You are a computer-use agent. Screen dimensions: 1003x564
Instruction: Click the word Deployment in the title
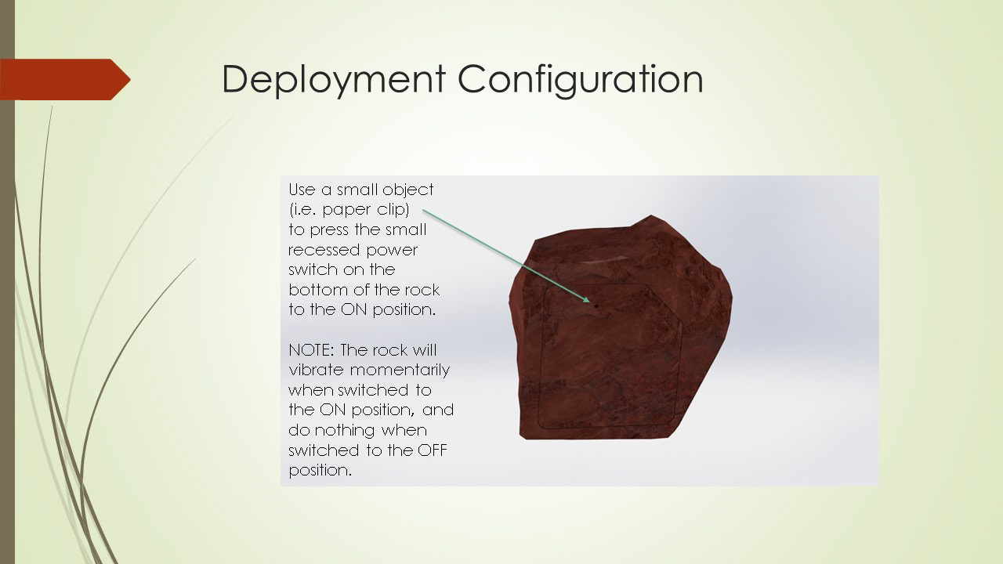pyautogui.click(x=334, y=80)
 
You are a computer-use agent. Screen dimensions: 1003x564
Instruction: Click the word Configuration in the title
pyautogui.click(x=581, y=80)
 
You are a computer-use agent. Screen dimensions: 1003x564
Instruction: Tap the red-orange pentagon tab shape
pyautogui.click(x=65, y=79)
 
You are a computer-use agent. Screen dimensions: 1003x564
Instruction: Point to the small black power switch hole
pyautogui.click(x=596, y=306)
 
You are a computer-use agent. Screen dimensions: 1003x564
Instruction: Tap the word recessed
pyautogui.click(x=324, y=250)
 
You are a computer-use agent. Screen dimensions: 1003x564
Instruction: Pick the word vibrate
pyautogui.click(x=316, y=371)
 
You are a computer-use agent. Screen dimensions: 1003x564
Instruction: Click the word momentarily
pyautogui.click(x=400, y=371)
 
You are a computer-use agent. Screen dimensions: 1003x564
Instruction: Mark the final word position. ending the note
pyautogui.click(x=320, y=472)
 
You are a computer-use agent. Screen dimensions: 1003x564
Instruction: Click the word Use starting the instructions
pyautogui.click(x=302, y=190)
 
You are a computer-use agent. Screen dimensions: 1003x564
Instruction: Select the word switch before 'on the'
pyautogui.click(x=311, y=270)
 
